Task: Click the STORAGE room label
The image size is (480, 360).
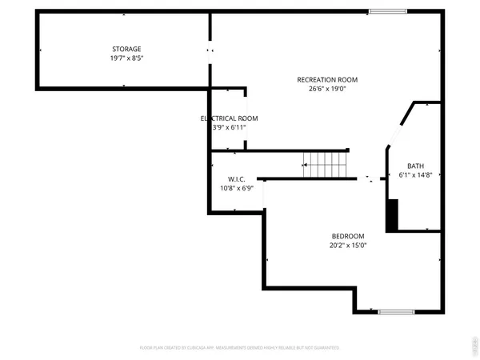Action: tap(126, 49)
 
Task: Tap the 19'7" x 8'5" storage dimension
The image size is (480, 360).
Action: tap(126, 58)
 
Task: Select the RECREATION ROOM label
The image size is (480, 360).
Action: tap(326, 79)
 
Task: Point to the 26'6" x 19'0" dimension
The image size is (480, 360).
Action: tap(326, 89)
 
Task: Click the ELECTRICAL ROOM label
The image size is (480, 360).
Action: tap(229, 118)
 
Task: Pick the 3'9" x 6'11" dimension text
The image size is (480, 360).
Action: tap(229, 126)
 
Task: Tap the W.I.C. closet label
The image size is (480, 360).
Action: tap(236, 179)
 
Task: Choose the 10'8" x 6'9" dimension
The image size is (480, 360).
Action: tap(236, 188)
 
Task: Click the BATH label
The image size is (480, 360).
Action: tap(414, 166)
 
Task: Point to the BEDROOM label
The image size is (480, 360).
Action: tap(348, 236)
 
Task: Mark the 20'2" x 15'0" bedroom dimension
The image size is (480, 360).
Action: tap(348, 245)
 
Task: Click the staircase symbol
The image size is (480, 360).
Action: tap(325, 166)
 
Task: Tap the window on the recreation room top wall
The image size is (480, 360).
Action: tap(383, 10)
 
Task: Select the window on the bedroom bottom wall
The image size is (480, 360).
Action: tap(394, 311)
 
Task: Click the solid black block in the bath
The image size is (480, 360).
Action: tap(391, 215)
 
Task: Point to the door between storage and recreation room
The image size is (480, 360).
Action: tap(210, 50)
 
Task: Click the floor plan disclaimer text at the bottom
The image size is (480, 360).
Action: tap(239, 348)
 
